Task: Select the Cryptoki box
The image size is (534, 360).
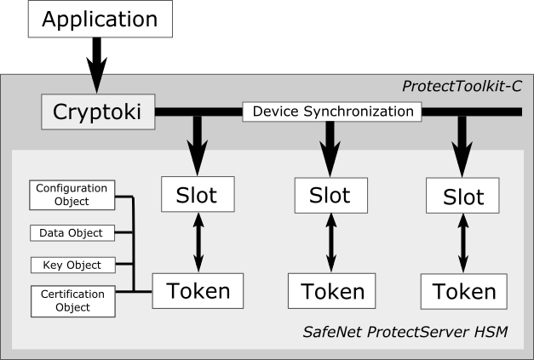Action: coord(98,112)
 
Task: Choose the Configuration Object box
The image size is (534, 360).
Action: coord(72,195)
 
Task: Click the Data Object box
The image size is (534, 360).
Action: coord(72,232)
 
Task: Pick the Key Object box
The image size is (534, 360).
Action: coord(72,265)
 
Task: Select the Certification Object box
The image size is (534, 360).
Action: coord(72,300)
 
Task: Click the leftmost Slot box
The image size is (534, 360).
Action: coord(196,195)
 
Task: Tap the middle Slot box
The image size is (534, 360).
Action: coord(329,196)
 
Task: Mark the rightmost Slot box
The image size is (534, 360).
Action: coord(463,197)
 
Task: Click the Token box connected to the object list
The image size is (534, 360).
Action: coord(198,291)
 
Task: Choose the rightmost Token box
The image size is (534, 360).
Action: coord(463,292)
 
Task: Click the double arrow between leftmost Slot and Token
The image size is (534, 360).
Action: coord(197,243)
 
